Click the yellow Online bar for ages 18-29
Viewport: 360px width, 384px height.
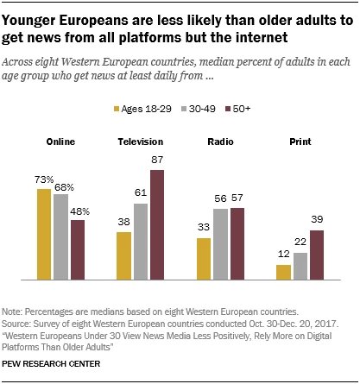point(44,234)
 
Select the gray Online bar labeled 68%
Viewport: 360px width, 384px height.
point(60,236)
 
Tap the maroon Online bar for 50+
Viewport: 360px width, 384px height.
point(78,249)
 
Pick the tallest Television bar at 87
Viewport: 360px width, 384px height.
point(157,224)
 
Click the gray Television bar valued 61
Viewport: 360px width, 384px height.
point(141,242)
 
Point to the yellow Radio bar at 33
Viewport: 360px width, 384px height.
point(204,259)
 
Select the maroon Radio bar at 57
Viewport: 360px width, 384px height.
point(237,243)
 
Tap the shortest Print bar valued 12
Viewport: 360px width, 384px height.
point(283,272)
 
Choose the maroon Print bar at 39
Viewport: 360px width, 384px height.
point(317,255)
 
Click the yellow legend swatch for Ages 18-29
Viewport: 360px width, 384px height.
point(117,110)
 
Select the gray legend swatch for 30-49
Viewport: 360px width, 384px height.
point(184,110)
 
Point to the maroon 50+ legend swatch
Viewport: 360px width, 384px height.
point(228,110)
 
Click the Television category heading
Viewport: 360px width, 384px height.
point(141,142)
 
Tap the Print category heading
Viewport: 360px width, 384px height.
point(300,142)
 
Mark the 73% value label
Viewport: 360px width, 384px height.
point(44,179)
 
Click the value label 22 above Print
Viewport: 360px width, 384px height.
point(300,242)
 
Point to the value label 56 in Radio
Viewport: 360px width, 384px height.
point(220,198)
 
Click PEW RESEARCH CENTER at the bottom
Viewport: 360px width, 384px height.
point(51,364)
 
